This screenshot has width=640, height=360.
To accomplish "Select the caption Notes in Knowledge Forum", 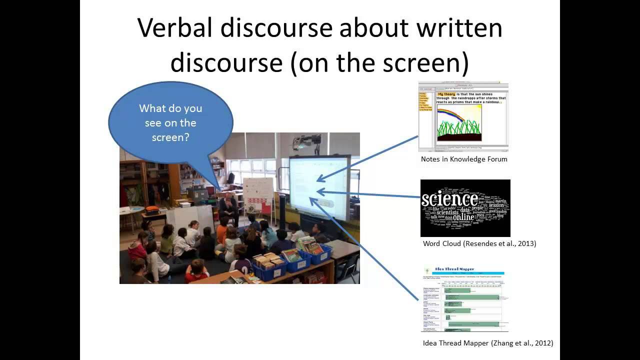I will (464, 159).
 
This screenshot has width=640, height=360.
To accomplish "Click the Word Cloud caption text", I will (479, 243).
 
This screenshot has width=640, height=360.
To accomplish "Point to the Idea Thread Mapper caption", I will (488, 343).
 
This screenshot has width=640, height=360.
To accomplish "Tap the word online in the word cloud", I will (463, 217).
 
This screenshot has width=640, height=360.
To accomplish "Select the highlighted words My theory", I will (446, 94).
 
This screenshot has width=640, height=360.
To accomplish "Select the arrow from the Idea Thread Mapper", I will (365, 250).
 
